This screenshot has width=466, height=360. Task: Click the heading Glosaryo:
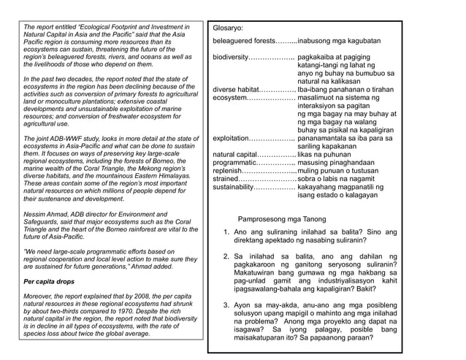228,26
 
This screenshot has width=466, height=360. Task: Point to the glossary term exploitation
231,138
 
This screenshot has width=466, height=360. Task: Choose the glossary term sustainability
234,188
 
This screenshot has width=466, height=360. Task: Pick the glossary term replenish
228,171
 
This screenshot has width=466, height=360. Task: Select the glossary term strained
226,179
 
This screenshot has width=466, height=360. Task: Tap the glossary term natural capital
234,155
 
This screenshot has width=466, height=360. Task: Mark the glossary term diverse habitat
236,90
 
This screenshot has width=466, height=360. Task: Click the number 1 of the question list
226,232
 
